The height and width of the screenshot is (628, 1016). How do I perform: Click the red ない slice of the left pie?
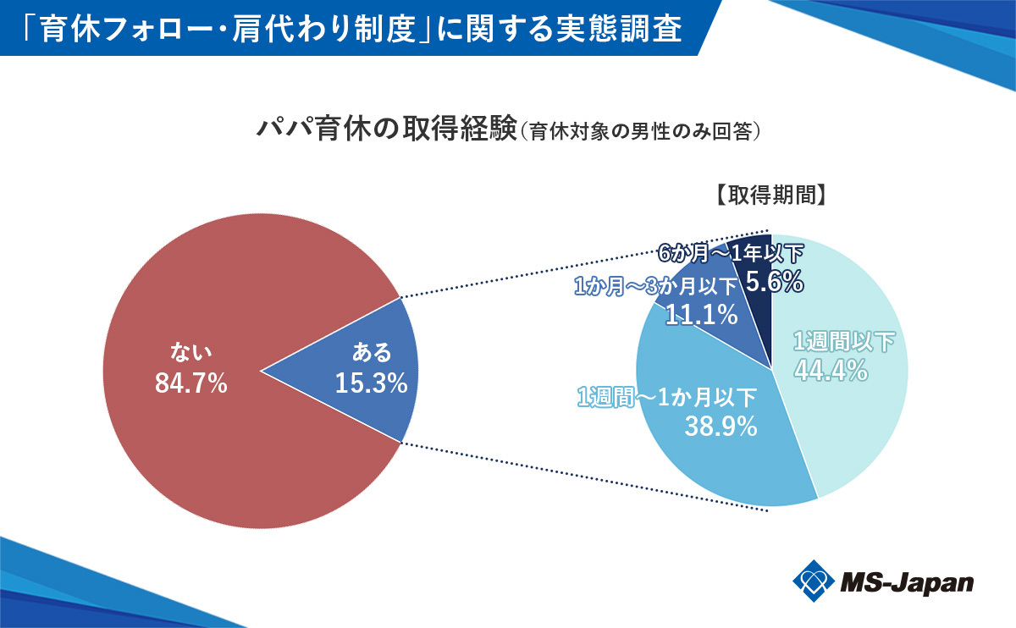pyautogui.click(x=186, y=440)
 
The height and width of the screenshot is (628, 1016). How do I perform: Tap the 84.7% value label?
pyautogui.click(x=191, y=383)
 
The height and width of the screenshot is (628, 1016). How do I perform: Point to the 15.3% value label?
pyautogui.click(x=371, y=383)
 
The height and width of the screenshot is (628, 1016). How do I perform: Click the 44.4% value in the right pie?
pyautogui.click(x=831, y=369)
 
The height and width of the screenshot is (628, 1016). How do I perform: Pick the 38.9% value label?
pyautogui.click(x=720, y=427)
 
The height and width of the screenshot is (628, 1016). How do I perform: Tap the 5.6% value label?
pyautogui.click(x=775, y=282)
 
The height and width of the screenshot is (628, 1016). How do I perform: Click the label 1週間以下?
pyautogui.click(x=844, y=342)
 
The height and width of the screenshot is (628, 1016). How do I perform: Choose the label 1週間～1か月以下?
pyautogui.click(x=666, y=396)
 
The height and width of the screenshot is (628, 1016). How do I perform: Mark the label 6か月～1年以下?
pyautogui.click(x=731, y=252)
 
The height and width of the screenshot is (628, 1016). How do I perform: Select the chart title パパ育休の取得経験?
pyautogui.click(x=385, y=130)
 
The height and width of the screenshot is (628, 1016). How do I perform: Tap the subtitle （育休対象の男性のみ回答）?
pyautogui.click(x=643, y=132)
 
